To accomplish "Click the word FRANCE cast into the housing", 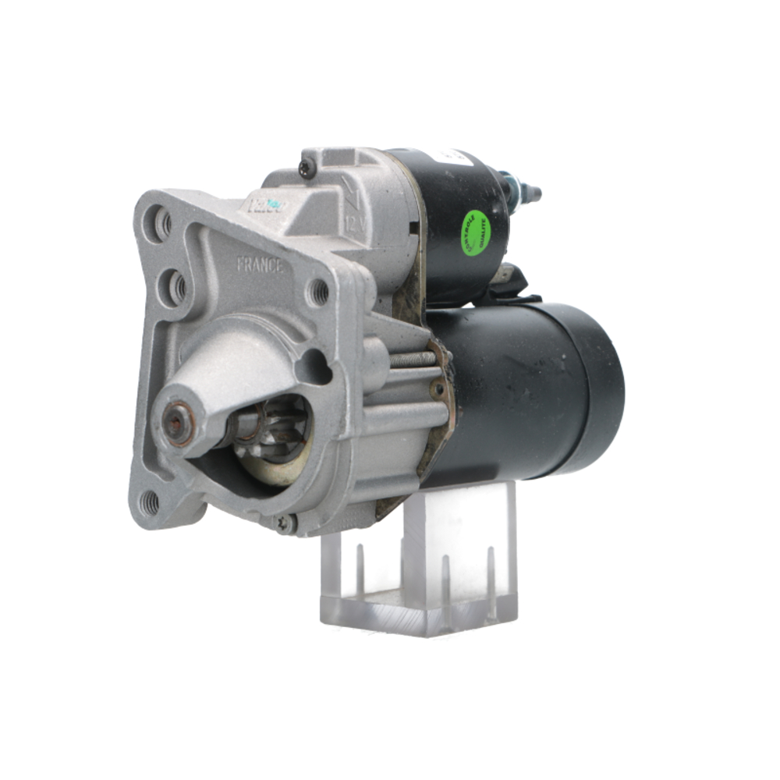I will point(260,264).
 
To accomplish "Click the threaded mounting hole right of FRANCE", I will point(320,292).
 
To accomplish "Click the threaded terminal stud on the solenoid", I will point(527,191).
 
